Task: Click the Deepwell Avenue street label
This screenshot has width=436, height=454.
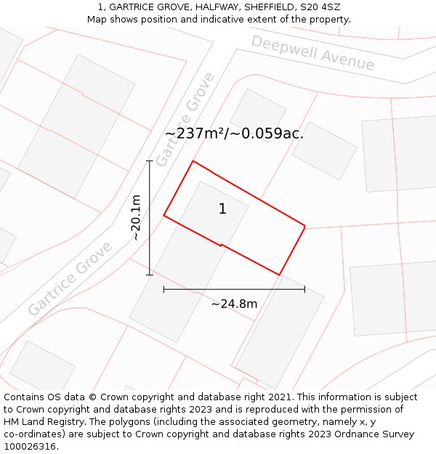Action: [312, 52]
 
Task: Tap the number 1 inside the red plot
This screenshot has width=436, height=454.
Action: [222, 209]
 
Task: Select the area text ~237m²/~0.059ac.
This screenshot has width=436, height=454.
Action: [234, 134]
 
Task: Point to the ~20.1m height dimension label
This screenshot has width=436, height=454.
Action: [136, 218]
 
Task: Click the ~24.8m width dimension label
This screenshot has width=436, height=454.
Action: [234, 304]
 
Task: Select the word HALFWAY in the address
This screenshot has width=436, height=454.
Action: [205, 7]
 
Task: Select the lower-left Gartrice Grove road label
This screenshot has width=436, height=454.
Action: [70, 278]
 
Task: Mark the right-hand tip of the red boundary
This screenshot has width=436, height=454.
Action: [304, 227]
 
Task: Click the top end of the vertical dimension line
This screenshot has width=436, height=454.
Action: [150, 161]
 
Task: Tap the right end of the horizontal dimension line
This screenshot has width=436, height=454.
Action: [304, 289]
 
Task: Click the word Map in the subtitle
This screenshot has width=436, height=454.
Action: [97, 20]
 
